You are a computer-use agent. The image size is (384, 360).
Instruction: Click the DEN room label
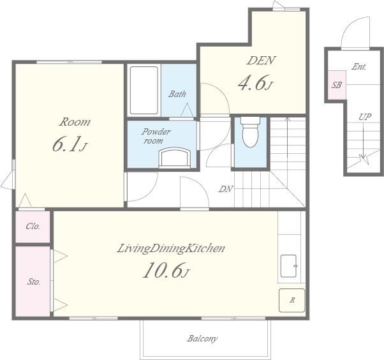pyautogui.click(x=262, y=61)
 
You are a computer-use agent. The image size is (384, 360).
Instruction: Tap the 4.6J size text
pyautogui.click(x=255, y=82)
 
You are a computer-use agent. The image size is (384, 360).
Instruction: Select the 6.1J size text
pyautogui.click(x=70, y=144)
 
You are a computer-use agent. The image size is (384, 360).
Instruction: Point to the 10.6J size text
pyautogui.click(x=166, y=270)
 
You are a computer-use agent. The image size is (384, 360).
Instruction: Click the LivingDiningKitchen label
pyautogui.click(x=171, y=248)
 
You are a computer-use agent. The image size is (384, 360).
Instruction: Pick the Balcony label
pyautogui.click(x=202, y=339)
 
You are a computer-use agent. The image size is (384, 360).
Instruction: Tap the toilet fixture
pyautogui.click(x=250, y=132)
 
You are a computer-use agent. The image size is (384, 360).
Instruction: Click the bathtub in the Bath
pyautogui.click(x=144, y=90)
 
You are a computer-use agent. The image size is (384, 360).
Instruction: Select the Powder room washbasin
pyautogui.click(x=175, y=158)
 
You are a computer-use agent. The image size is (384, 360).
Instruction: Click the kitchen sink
pyautogui.click(x=289, y=266)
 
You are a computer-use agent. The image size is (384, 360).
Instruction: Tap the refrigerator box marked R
pyautogui.click(x=292, y=300)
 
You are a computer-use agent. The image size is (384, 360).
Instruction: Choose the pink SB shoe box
pyautogui.click(x=337, y=85)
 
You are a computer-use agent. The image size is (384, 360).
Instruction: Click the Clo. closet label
pyautogui.click(x=33, y=226)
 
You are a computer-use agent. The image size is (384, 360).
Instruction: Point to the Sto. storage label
pyautogui.click(x=34, y=282)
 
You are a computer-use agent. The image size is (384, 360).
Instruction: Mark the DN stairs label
pyautogui.click(x=226, y=189)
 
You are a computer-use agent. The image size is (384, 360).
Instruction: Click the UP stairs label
pyautogui.click(x=365, y=117)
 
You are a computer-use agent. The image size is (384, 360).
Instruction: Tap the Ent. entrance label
pyautogui.click(x=358, y=66)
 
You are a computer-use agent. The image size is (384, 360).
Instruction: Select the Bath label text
pyautogui.click(x=177, y=94)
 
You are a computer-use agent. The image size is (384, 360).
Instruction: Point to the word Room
pyautogui.click(x=75, y=122)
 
